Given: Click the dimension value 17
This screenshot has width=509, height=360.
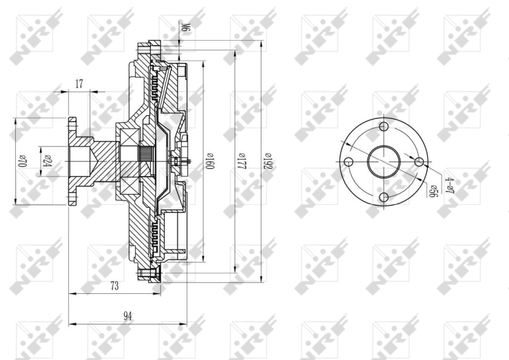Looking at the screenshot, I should click(79, 83).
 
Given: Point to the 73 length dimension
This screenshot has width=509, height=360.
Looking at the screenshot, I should click(115, 286).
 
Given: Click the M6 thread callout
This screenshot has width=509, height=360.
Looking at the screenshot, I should click(186, 28).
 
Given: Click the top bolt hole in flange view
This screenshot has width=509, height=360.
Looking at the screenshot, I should click(383, 127).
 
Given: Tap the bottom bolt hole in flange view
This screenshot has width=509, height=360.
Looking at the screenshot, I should click(383, 198).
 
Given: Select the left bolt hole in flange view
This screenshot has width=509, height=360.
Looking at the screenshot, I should click(347, 163).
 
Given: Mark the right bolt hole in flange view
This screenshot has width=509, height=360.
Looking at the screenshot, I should click(419, 163).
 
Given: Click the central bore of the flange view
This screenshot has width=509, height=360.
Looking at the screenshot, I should click(383, 163).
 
